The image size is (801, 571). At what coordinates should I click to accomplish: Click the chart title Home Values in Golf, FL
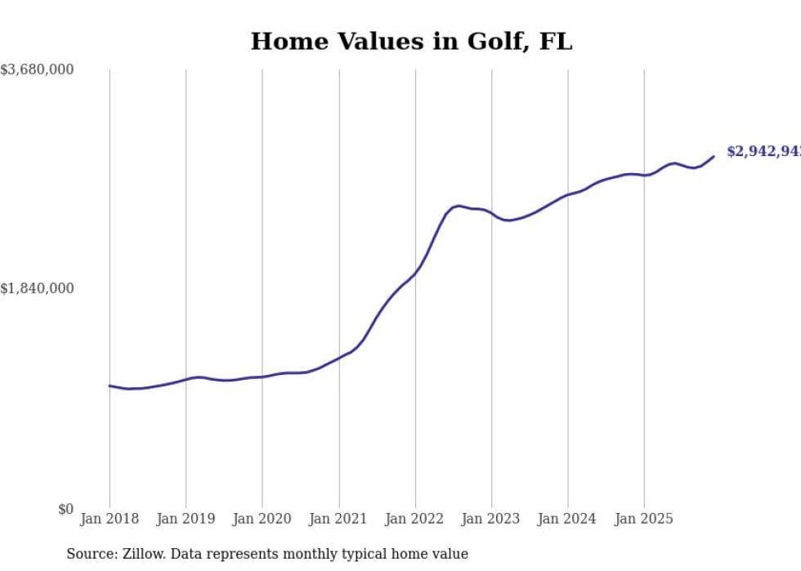pyautogui.click(x=411, y=42)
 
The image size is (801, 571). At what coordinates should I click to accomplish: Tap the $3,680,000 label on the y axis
pyautogui.click(x=37, y=70)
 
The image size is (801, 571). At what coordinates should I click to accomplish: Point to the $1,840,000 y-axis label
pyautogui.click(x=37, y=288)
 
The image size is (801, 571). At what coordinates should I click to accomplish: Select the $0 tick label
pyautogui.click(x=65, y=509)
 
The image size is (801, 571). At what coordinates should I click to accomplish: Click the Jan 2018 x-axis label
pyautogui.click(x=110, y=519)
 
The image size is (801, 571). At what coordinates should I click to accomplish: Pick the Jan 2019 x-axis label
pyautogui.click(x=186, y=519)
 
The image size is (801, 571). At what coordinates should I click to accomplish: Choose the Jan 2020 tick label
pyautogui.click(x=262, y=519)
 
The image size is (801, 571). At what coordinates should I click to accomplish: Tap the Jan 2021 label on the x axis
pyautogui.click(x=338, y=519)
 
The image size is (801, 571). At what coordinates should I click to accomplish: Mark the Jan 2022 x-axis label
pyautogui.click(x=415, y=519)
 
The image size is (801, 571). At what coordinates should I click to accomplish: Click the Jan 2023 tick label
pyautogui.click(x=491, y=519)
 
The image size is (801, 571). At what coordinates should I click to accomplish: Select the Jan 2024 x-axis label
pyautogui.click(x=568, y=519)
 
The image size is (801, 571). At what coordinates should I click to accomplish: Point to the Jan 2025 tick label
pyautogui.click(x=644, y=519)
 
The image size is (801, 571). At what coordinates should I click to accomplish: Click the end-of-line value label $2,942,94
pyautogui.click(x=763, y=152)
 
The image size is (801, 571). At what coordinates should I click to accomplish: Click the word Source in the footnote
pyautogui.click(x=90, y=554)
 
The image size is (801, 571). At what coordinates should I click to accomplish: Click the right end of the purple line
pyautogui.click(x=714, y=157)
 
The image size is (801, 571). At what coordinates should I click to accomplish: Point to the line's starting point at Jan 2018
pyautogui.click(x=110, y=386)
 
